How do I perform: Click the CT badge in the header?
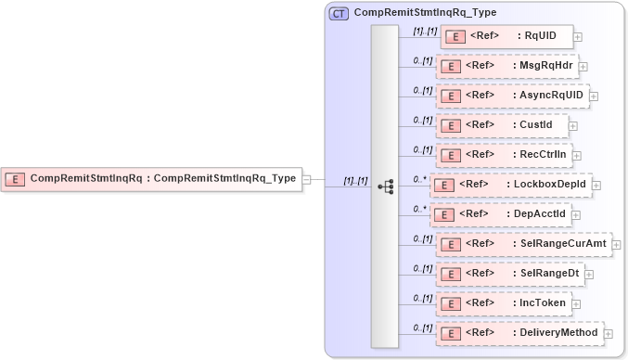click(339, 13)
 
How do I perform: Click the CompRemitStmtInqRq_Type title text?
click(425, 13)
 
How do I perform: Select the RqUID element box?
click(506, 37)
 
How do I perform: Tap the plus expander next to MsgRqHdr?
click(583, 67)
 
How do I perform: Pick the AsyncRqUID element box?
click(512, 96)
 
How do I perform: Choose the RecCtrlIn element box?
click(503, 155)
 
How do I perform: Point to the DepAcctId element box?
click(501, 214)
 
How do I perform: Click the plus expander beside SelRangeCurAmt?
click(616, 245)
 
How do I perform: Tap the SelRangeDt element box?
click(510, 274)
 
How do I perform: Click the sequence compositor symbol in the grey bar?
click(386, 186)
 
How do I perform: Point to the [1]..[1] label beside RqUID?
click(425, 32)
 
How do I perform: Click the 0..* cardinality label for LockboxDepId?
click(419, 179)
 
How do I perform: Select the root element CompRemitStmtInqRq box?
click(152, 179)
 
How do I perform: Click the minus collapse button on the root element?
click(307, 180)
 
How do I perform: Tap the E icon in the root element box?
click(15, 179)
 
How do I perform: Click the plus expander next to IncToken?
click(576, 304)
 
